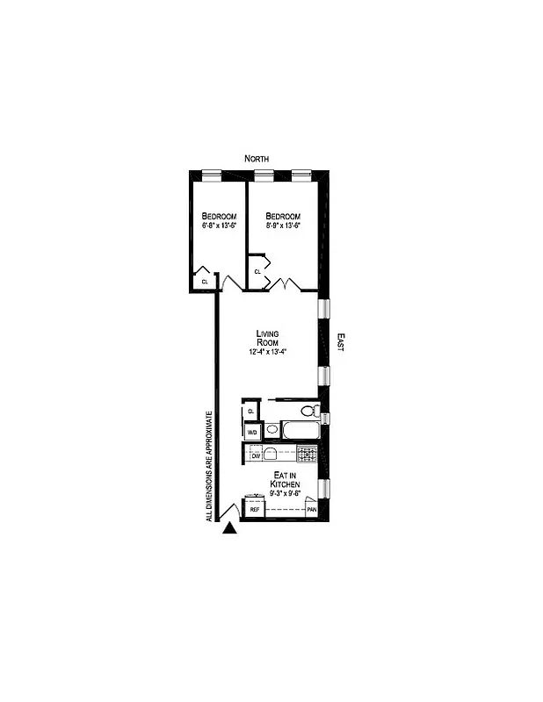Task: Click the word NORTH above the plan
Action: click(257, 158)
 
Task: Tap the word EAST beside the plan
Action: click(340, 342)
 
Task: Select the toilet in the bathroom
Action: click(308, 411)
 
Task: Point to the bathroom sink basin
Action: click(272, 430)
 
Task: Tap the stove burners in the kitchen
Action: click(307, 454)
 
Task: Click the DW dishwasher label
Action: click(256, 456)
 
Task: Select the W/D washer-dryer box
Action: click(252, 433)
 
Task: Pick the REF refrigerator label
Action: click(255, 509)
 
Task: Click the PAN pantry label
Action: click(311, 509)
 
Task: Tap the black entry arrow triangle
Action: click(230, 528)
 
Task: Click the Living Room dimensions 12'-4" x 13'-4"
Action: click(268, 352)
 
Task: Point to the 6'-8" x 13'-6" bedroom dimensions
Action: click(219, 226)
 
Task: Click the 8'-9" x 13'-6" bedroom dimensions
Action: click(283, 226)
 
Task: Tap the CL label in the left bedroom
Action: click(205, 282)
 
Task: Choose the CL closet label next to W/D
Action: click(251, 411)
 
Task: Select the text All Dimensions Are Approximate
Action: click(209, 466)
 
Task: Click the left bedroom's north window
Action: click(211, 174)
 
